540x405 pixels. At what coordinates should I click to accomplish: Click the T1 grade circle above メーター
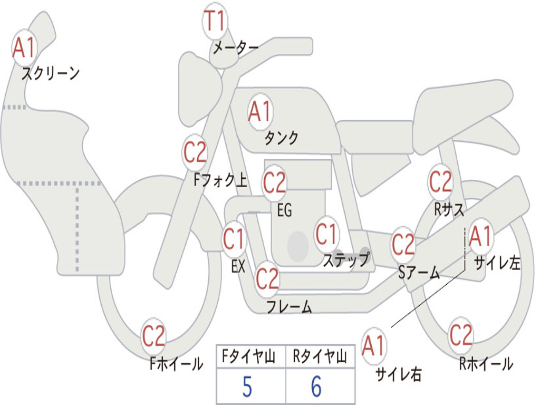215,21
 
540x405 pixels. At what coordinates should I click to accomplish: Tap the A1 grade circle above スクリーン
24,47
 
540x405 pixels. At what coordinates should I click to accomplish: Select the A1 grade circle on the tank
261,112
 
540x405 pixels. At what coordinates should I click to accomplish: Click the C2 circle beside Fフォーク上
195,152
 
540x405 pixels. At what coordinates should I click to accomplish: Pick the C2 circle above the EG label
274,182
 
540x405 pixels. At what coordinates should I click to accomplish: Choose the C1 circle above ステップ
326,234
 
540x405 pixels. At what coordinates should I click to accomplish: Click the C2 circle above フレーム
267,278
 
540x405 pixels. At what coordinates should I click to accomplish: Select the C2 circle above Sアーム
403,245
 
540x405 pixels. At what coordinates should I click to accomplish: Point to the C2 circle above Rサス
440,181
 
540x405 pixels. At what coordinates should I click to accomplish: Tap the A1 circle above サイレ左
480,237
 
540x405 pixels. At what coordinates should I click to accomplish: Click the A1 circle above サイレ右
374,345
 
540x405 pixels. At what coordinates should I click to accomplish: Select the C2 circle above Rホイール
461,335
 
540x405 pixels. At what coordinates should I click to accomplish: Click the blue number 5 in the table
247,387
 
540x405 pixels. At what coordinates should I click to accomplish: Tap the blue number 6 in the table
316,387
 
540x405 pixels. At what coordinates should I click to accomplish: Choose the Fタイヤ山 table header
249,356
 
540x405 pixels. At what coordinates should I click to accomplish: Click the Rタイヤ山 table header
320,356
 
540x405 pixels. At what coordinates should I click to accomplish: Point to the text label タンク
282,138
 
